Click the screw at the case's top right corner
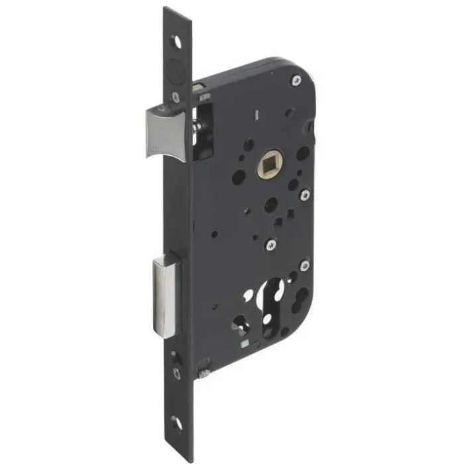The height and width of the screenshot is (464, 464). (x=294, y=81)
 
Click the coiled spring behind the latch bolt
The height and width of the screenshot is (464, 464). (x=197, y=124)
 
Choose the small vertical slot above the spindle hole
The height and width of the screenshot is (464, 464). (x=255, y=117)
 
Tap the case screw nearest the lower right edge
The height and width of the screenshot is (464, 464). (x=305, y=266)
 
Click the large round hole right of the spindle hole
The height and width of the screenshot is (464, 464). (x=302, y=153)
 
